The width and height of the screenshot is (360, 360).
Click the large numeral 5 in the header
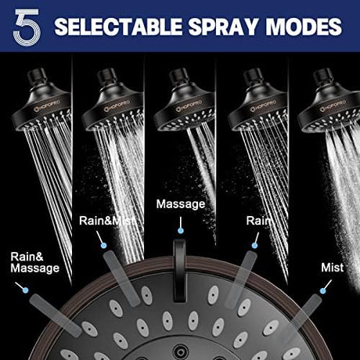click(x=27, y=27)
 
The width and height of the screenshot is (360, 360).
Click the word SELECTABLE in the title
click(x=118, y=27)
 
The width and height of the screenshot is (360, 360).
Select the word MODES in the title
click(x=304, y=27)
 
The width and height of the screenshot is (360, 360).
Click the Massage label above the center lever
click(x=181, y=204)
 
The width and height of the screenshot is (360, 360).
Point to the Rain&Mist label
click(x=107, y=221)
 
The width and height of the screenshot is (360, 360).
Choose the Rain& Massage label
click(x=35, y=262)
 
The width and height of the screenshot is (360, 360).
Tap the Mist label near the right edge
click(x=332, y=268)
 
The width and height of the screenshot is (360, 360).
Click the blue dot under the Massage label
click(x=181, y=231)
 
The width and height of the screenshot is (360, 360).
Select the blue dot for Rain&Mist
click(x=104, y=245)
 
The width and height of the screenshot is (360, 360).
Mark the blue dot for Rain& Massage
click(x=26, y=290)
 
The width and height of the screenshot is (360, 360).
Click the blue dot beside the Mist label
click(x=323, y=290)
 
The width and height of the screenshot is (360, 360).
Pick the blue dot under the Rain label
click(x=254, y=245)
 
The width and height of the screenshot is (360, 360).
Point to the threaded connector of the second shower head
click(x=106, y=77)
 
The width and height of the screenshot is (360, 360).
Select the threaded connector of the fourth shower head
click(x=252, y=77)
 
